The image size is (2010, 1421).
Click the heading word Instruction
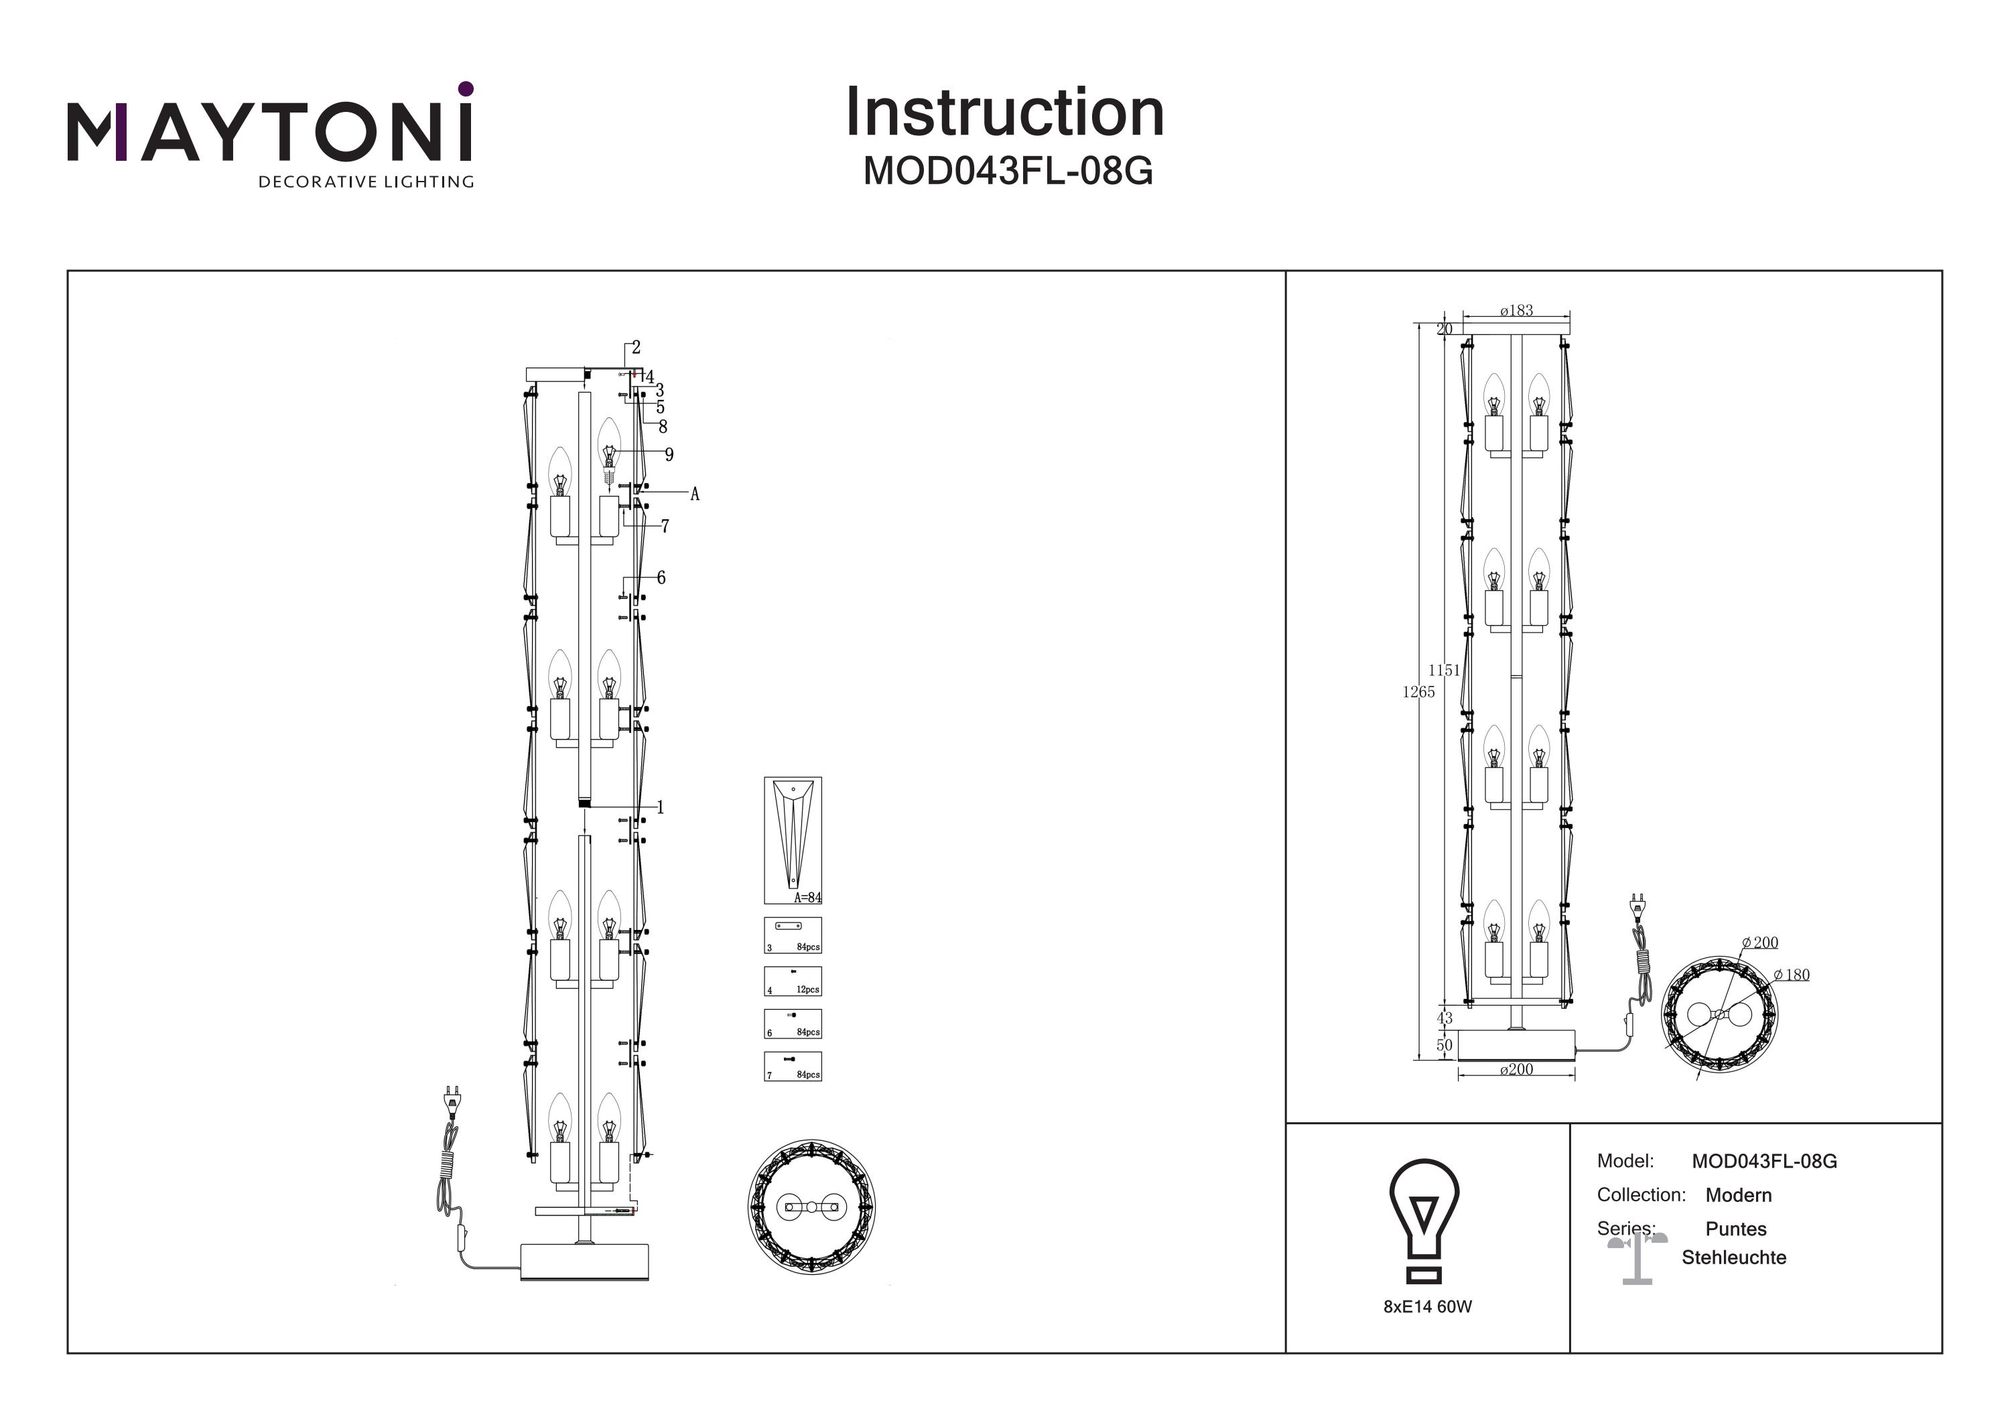(1004, 113)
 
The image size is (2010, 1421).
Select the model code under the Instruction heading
(1008, 172)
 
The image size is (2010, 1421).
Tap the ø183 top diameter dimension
(1516, 311)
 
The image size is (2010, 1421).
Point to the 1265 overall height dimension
(1418, 691)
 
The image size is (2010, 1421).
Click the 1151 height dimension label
(1444, 670)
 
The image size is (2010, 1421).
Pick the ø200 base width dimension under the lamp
(1516, 1069)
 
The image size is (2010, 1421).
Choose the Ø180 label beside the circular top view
(1792, 975)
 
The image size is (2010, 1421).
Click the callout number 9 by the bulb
(669, 454)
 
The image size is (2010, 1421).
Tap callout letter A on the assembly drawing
(695, 494)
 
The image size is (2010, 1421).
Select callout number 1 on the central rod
(660, 807)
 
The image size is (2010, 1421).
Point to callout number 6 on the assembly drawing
(661, 578)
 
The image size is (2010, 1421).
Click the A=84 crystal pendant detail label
(807, 898)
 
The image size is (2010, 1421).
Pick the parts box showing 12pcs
(792, 982)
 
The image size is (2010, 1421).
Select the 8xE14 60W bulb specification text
(1427, 1306)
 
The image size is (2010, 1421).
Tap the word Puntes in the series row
(1735, 1229)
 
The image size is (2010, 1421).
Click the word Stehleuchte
(1733, 1258)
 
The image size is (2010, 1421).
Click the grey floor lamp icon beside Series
(1637, 1258)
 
